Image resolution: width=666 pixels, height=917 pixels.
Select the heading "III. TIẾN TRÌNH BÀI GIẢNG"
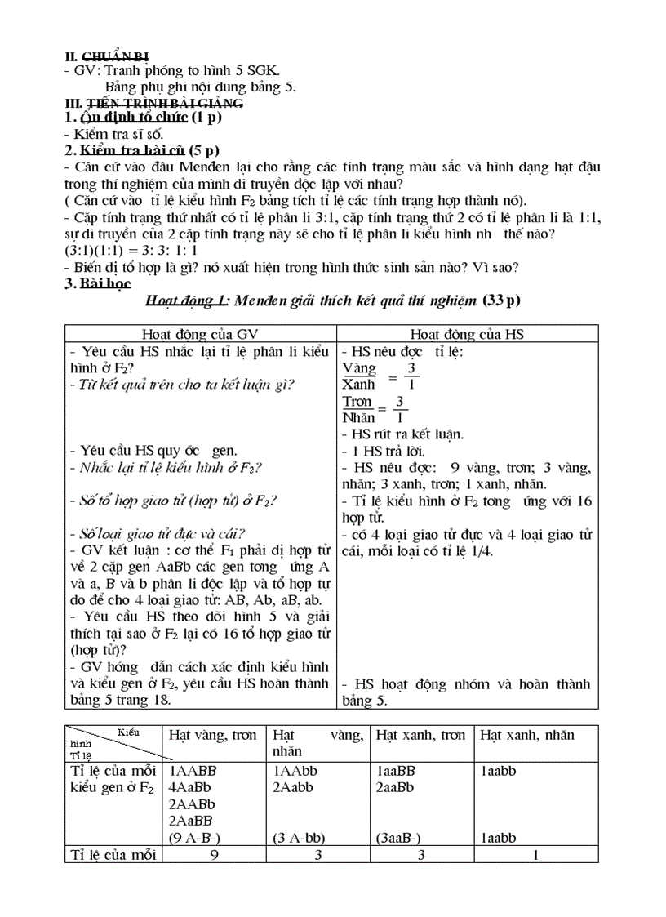(153, 103)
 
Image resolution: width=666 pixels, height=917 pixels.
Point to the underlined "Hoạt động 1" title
(186, 301)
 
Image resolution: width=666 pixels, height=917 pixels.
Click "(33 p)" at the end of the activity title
(500, 301)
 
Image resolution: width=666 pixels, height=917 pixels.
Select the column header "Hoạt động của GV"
(199, 333)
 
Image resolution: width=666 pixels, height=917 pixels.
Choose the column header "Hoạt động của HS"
(467, 333)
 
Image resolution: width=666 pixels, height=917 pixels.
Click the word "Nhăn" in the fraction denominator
(358, 417)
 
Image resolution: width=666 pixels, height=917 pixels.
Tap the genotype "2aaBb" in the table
(396, 787)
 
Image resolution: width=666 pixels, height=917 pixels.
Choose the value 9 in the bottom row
(215, 855)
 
